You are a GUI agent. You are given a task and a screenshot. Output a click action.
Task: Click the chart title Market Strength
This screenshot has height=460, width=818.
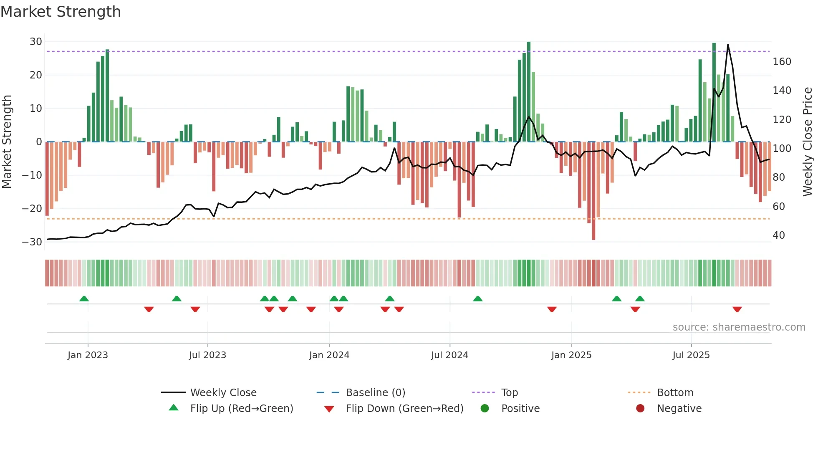click(61, 12)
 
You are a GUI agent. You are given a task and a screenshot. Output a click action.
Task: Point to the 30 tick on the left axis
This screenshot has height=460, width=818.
click(36, 42)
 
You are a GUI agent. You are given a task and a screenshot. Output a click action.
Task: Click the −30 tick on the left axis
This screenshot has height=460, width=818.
click(33, 242)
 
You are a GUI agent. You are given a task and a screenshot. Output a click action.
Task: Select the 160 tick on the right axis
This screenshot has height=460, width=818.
click(782, 62)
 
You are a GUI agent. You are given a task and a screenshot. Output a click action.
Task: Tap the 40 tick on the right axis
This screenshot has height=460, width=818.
click(778, 235)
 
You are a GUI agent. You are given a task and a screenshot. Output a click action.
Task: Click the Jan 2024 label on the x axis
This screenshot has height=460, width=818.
click(329, 355)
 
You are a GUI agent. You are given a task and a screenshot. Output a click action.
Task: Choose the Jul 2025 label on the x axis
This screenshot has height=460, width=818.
click(691, 355)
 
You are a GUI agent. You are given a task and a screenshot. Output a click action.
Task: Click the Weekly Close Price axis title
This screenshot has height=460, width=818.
click(808, 142)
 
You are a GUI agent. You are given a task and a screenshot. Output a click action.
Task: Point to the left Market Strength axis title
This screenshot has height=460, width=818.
click(7, 142)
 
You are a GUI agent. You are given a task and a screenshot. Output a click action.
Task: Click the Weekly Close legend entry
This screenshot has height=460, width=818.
click(223, 393)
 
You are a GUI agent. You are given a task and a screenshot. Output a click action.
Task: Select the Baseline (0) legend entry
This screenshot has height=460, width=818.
click(375, 393)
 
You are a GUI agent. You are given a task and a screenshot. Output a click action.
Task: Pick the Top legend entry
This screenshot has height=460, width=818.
click(509, 393)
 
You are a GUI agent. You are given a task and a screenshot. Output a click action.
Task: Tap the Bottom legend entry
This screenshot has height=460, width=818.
click(675, 393)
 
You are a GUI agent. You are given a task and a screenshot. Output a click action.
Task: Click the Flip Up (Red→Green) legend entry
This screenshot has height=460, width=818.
click(241, 409)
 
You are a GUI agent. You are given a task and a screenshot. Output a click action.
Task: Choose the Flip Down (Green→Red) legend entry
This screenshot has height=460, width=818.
click(404, 409)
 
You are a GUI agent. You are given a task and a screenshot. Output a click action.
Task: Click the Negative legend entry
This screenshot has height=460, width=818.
click(679, 409)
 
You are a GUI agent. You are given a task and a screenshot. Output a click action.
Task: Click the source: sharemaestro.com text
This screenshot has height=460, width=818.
click(739, 327)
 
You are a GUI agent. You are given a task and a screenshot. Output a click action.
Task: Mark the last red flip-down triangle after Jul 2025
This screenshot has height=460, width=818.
click(737, 309)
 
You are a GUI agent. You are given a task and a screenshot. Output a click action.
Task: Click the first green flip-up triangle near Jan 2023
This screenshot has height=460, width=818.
click(84, 298)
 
